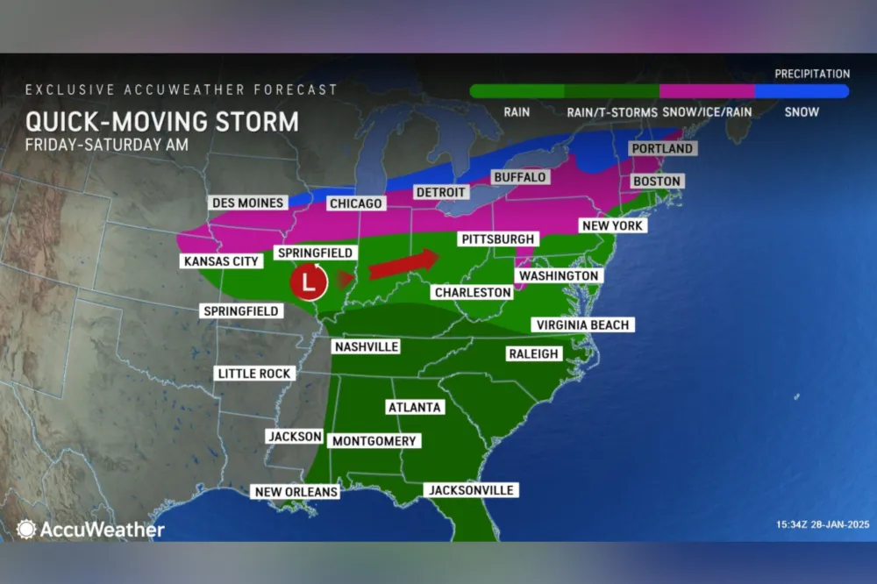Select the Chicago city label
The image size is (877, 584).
(x=355, y=203)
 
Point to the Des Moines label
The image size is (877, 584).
(x=248, y=203)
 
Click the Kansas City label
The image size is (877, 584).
(x=220, y=261)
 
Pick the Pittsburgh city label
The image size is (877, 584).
(x=496, y=239)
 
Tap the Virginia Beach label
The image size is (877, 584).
(x=581, y=325)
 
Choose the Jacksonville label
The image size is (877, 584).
(x=471, y=490)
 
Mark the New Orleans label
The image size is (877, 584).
(x=296, y=492)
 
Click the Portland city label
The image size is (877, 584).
(x=662, y=148)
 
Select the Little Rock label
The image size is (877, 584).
(x=254, y=374)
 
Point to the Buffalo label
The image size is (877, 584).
(x=519, y=177)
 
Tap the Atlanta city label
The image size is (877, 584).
(x=415, y=408)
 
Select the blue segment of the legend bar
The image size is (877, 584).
(x=801, y=91)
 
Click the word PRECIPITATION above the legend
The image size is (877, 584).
(x=812, y=75)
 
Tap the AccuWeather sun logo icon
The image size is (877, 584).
(x=26, y=530)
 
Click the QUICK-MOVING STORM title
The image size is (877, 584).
(x=161, y=121)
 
